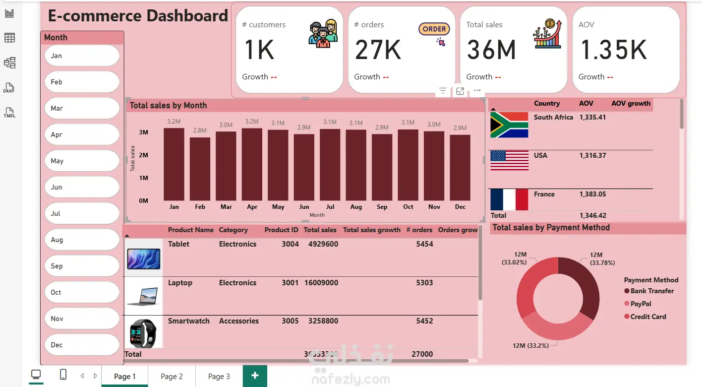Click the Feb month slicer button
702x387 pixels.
(x=82, y=82)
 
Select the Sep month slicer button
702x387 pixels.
(x=82, y=266)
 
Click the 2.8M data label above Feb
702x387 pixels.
(x=200, y=130)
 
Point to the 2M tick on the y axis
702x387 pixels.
(x=143, y=155)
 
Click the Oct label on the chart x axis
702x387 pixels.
(x=408, y=207)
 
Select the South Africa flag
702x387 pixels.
(x=509, y=125)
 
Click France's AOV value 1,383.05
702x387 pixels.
(x=592, y=194)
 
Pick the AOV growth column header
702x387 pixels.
(x=631, y=104)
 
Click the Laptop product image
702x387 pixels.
(x=143, y=296)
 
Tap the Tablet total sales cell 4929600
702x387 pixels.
(x=323, y=244)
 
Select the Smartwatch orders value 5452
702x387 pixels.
(x=424, y=321)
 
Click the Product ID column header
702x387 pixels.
(x=281, y=230)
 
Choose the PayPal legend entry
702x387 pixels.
(x=641, y=304)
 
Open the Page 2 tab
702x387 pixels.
(x=172, y=377)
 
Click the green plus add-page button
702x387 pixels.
(x=255, y=376)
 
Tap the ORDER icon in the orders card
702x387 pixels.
(x=434, y=30)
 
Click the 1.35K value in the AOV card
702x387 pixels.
(x=614, y=50)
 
